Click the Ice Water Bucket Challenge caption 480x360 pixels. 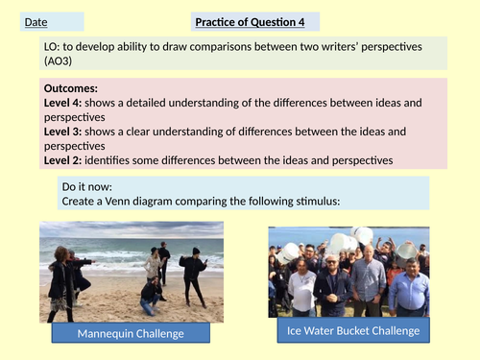(x=353, y=331)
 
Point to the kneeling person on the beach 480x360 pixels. (x=151, y=292)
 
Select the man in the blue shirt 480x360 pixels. (x=410, y=283)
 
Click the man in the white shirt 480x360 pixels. (x=300, y=288)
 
